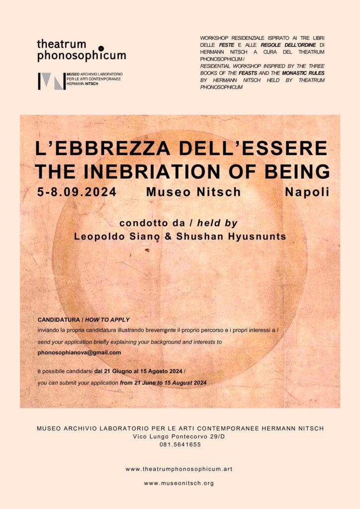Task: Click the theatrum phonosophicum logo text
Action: [x=81, y=50]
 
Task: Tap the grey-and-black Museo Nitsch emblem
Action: [x=52, y=81]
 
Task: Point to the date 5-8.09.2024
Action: [x=77, y=192]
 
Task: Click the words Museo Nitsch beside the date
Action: [x=193, y=192]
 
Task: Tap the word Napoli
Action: [x=307, y=192]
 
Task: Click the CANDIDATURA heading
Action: [x=57, y=320]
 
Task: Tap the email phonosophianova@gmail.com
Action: [x=80, y=352]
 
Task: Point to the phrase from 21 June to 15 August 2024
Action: [x=163, y=383]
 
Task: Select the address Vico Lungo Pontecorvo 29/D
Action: [x=180, y=436]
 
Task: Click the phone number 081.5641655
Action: [x=180, y=445]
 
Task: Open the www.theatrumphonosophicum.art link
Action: [x=179, y=469]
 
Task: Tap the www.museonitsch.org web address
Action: [x=179, y=483]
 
